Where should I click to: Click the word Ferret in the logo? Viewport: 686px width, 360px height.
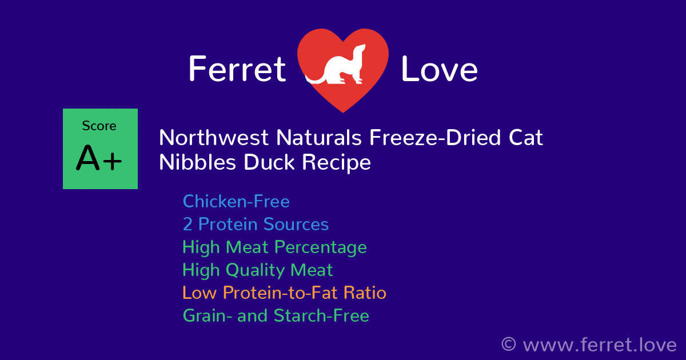pyautogui.click(x=237, y=70)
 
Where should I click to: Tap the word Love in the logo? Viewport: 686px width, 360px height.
pyautogui.click(x=439, y=70)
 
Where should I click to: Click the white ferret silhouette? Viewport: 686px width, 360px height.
pyautogui.click(x=337, y=66)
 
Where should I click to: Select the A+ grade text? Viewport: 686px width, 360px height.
pyautogui.click(x=99, y=159)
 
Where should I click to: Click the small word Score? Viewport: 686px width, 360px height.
pyautogui.click(x=99, y=126)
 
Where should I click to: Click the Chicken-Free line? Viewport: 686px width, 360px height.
pyautogui.click(x=236, y=202)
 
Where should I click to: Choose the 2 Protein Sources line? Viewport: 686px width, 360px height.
pyautogui.click(x=256, y=224)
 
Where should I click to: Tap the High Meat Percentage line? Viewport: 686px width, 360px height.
pyautogui.click(x=274, y=247)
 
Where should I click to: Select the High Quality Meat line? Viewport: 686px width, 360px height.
pyautogui.click(x=257, y=270)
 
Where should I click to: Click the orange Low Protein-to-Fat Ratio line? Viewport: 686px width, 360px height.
pyautogui.click(x=284, y=293)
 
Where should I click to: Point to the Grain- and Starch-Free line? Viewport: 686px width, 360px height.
pyautogui.click(x=276, y=315)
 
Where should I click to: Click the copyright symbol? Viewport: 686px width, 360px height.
pyautogui.click(x=508, y=345)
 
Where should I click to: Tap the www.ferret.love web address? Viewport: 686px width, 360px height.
pyautogui.click(x=599, y=345)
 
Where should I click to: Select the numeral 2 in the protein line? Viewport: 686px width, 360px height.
pyautogui.click(x=187, y=224)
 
